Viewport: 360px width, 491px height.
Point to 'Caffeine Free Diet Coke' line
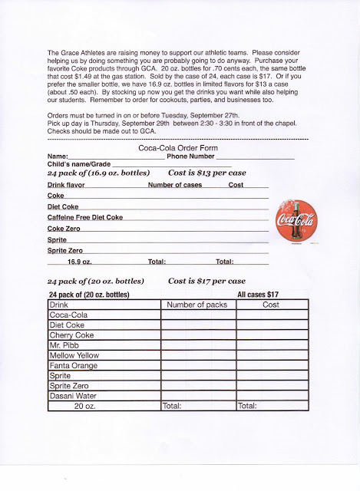(84, 218)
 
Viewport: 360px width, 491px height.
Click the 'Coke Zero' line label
(64, 229)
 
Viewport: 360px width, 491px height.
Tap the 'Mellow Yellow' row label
(74, 355)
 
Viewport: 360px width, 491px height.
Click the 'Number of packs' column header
(197, 305)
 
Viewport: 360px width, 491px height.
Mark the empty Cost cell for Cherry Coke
(272, 335)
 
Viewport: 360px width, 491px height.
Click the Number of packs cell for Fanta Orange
(197, 365)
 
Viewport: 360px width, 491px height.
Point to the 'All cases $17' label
(258, 295)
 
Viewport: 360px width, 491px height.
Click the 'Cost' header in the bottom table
(272, 305)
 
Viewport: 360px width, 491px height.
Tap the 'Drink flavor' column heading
(66, 185)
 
